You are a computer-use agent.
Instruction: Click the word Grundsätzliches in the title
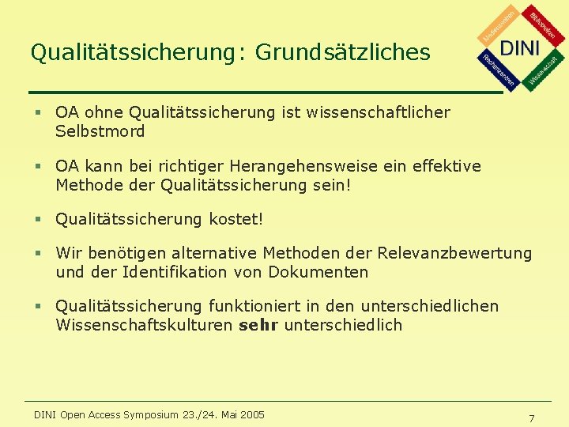click(343, 52)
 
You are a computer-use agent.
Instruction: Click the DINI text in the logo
click(520, 47)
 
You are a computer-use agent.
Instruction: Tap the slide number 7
click(532, 418)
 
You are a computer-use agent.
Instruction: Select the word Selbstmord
click(100, 132)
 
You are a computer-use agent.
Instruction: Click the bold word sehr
click(258, 325)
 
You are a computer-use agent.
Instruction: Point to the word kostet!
click(236, 219)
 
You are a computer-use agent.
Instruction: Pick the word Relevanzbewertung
click(454, 253)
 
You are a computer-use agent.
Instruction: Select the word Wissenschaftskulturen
click(144, 325)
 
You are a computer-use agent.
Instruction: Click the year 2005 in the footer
click(251, 414)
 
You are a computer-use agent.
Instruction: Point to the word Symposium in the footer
click(151, 414)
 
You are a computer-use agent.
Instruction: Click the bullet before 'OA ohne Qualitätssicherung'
click(36, 113)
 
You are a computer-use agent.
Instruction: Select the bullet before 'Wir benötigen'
click(36, 254)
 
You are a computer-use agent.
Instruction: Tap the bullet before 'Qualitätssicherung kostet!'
click(36, 219)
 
